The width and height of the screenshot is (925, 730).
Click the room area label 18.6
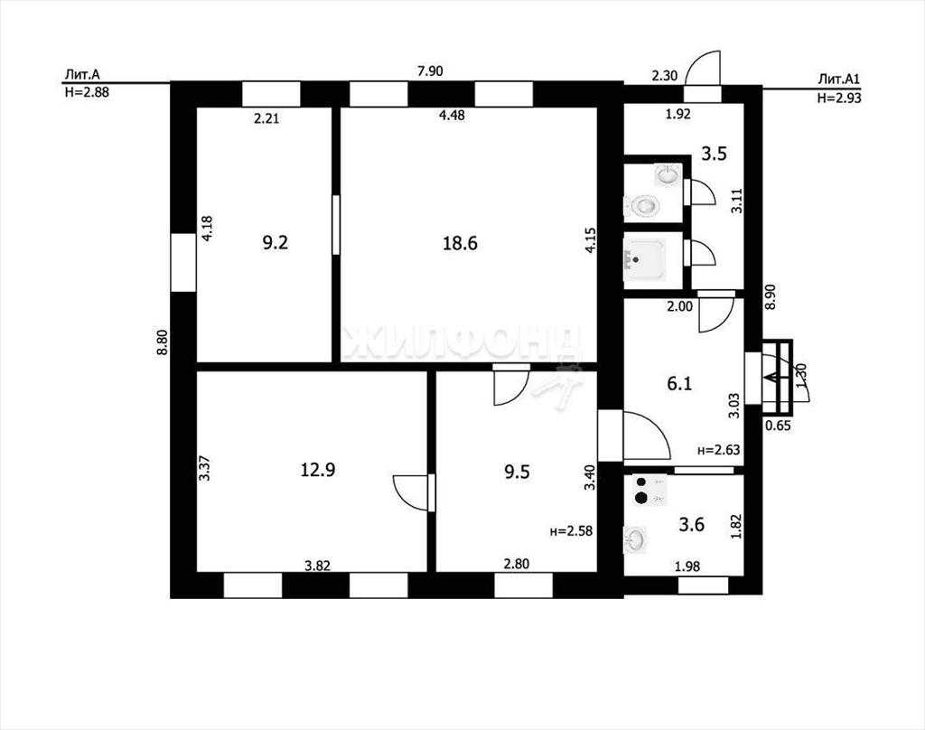[x=460, y=243]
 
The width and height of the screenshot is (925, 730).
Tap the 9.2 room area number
[x=275, y=242]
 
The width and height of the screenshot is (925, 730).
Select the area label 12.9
[x=318, y=470]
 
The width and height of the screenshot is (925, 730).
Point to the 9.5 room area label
[x=517, y=473]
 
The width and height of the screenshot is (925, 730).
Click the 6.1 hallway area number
[x=679, y=384]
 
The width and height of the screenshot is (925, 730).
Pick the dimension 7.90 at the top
[x=430, y=71]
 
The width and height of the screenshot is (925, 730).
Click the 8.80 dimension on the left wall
[x=163, y=342]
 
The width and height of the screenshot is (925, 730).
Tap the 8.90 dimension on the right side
[x=771, y=297]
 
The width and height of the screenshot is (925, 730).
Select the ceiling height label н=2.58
[x=571, y=530]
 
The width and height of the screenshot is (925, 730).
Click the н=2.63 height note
[x=718, y=450]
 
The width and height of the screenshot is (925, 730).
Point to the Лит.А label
[x=82, y=75]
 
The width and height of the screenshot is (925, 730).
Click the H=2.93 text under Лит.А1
[x=839, y=98]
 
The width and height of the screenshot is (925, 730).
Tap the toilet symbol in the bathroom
[x=640, y=206]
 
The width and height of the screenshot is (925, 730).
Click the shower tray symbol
[x=645, y=257]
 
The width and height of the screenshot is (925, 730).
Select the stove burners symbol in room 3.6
[x=649, y=490]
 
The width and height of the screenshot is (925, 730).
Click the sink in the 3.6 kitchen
[x=635, y=540]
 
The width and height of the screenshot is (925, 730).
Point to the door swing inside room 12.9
[x=410, y=492]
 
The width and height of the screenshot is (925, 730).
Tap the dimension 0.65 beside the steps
[x=778, y=425]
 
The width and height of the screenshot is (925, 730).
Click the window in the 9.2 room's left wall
[x=182, y=263]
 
